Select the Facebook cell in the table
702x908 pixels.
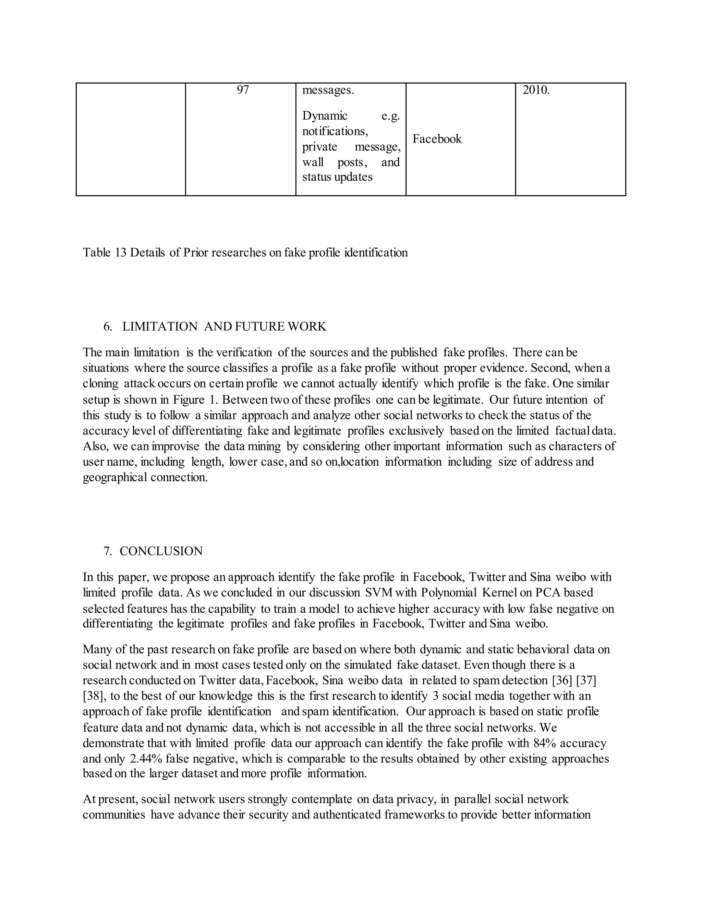[437, 139]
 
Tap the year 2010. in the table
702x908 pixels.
[536, 90]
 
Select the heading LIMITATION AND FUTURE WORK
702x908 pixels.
[224, 326]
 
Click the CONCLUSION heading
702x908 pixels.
[161, 551]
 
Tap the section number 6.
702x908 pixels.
[108, 326]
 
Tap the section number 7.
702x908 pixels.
[108, 551]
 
